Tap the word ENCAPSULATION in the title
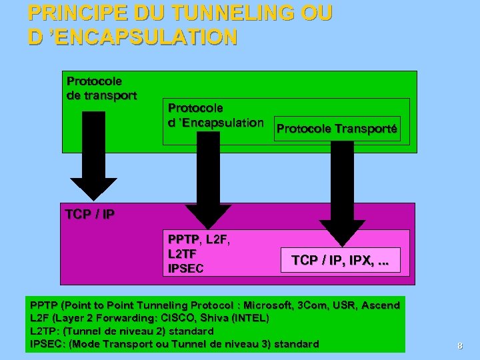(143, 37)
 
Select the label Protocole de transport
(102, 88)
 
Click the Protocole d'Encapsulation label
(215, 115)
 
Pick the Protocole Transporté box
(337, 129)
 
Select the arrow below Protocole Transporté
(343, 193)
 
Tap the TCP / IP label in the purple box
(90, 214)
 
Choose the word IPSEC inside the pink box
(186, 269)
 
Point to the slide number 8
(459, 345)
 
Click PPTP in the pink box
(183, 239)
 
